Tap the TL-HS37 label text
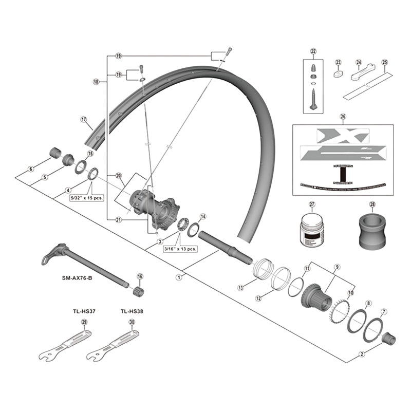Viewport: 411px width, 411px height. tap(84, 311)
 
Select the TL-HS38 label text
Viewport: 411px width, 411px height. tap(132, 311)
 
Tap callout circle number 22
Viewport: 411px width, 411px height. tap(313, 51)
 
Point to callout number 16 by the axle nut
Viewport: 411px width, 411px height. tap(139, 276)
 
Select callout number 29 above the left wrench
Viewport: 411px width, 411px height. tap(84, 322)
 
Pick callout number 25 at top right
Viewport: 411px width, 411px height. tap(384, 63)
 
